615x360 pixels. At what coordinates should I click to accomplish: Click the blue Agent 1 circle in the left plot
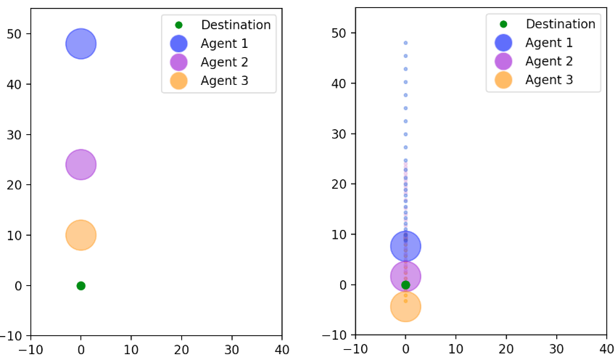click(81, 44)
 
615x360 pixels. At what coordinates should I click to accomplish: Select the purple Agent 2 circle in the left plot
click(81, 165)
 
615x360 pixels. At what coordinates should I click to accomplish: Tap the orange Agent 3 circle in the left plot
click(81, 235)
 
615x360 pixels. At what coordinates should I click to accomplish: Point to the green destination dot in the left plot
click(81, 285)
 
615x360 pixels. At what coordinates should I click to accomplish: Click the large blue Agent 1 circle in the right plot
click(405, 246)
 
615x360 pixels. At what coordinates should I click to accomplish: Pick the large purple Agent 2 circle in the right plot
click(405, 276)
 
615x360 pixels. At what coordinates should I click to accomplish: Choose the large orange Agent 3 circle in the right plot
click(405, 306)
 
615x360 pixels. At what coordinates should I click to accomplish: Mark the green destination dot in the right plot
click(405, 285)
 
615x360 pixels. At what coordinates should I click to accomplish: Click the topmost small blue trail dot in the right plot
click(405, 43)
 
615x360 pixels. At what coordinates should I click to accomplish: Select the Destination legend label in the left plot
click(236, 25)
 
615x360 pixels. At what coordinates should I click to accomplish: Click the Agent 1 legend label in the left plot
click(225, 44)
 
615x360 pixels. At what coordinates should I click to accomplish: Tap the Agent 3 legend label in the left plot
click(225, 81)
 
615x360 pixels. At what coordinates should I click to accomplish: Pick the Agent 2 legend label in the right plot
click(549, 61)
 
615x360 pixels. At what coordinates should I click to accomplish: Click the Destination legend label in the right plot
click(560, 24)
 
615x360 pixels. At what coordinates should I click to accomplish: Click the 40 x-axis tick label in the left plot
click(282, 349)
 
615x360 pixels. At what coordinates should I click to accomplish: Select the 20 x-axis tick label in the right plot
click(506, 349)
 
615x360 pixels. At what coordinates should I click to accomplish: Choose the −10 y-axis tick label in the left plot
click(15, 336)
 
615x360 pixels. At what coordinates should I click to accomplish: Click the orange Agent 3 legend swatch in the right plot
click(503, 80)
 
